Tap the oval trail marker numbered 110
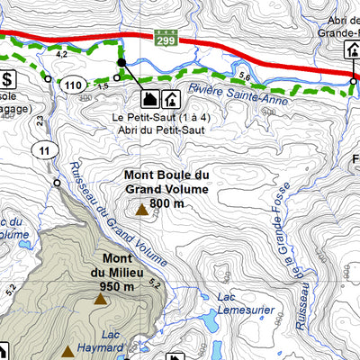76,85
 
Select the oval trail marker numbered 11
43,150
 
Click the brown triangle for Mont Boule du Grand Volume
141,211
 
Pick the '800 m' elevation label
167,203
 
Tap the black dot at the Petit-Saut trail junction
121,62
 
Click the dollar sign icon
8,79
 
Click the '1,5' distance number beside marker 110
103,85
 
